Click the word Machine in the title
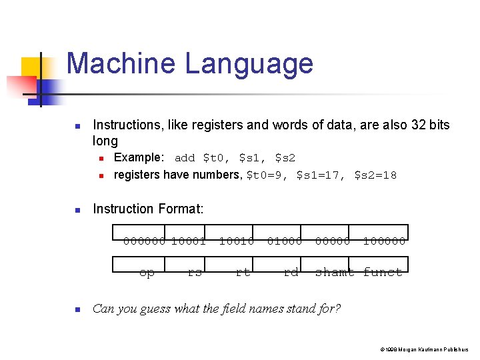point(121,64)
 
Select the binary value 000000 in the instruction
point(145,241)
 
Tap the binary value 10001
point(188,241)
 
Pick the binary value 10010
point(236,241)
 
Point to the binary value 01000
point(284,241)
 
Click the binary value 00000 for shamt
point(332,241)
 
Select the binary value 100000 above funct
point(383,241)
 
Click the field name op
point(147,272)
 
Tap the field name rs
point(195,272)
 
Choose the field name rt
point(243,272)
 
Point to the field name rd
point(291,272)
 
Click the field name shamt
point(335,272)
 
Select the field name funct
point(383,272)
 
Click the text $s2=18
point(375,175)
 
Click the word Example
point(139,158)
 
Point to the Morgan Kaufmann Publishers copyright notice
point(424,349)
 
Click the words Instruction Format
point(148,209)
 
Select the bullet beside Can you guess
point(77,309)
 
